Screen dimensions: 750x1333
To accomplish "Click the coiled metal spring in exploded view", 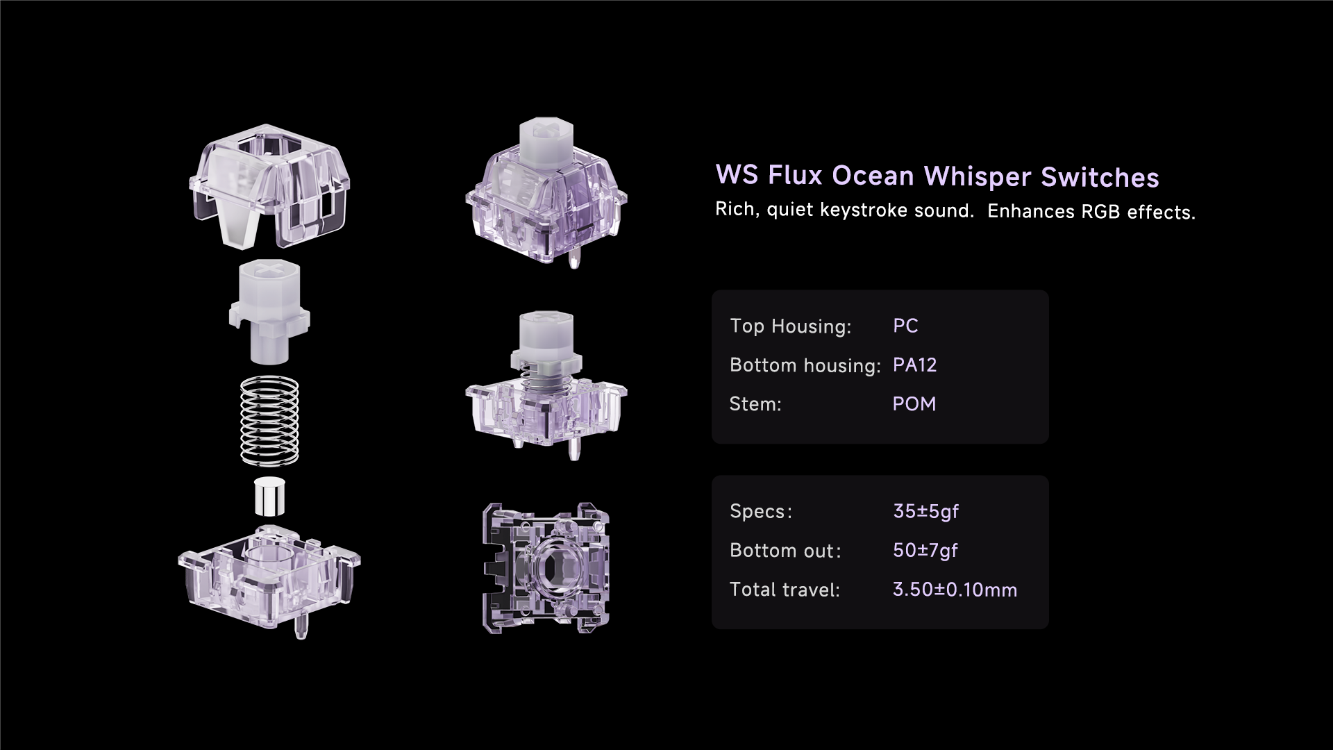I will [269, 420].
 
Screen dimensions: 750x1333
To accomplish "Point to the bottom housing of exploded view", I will [269, 576].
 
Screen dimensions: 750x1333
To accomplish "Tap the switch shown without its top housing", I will [546, 389].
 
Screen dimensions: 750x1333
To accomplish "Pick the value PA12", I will [914, 365].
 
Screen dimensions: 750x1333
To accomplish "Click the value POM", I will [914, 403].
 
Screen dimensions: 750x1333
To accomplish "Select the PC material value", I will [905, 326].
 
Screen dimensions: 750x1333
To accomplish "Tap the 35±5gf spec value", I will [925, 511].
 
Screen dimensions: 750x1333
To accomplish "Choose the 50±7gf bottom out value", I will [925, 550].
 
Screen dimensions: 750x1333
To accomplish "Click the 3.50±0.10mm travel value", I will [955, 590].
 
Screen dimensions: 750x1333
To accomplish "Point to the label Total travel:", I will [785, 590].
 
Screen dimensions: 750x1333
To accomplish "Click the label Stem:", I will [755, 403].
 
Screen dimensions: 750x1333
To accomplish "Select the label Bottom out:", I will [785, 551].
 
